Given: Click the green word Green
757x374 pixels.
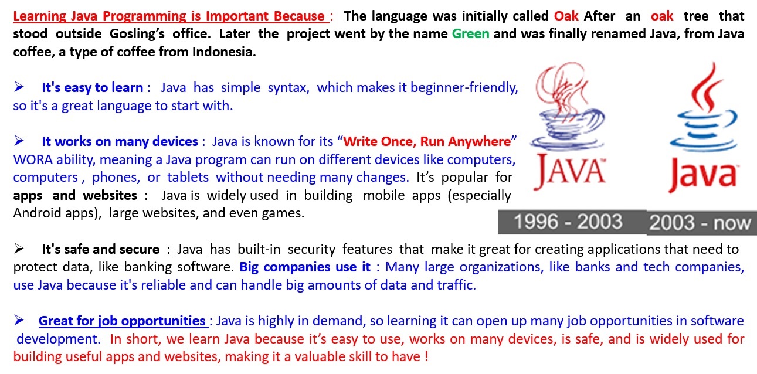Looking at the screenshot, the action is point(470,34).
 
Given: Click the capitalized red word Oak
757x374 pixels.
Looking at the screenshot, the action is point(566,16).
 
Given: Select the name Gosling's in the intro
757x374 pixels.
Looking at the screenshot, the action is point(137,34).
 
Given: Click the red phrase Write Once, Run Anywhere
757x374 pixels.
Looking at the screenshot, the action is point(427,141).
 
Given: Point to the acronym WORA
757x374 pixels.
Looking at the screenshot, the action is point(33,159).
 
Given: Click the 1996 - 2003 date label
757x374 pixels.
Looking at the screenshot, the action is point(568,222).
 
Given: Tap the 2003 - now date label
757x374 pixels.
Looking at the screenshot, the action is point(700,223).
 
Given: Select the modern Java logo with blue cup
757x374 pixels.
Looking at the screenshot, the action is point(704,128).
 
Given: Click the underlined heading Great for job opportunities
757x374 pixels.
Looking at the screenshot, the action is point(122,321).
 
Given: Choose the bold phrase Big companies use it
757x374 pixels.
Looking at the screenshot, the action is point(305,267).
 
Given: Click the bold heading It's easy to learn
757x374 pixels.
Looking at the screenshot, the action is point(93,87).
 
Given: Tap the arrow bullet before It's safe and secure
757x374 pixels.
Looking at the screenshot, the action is point(19,249).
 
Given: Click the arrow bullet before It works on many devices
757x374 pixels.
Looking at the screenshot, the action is point(19,141).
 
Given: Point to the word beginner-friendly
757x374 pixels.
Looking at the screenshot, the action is point(464,88).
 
